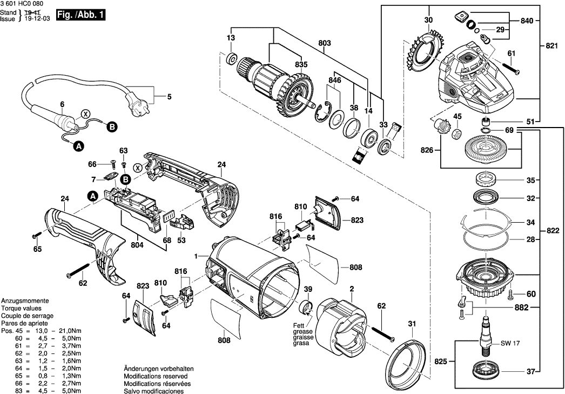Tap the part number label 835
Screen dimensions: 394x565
[x=301, y=64]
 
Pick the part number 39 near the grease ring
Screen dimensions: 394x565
[x=308, y=289]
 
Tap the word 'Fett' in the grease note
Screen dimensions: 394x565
[x=299, y=325]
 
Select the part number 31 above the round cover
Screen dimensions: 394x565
[x=412, y=324]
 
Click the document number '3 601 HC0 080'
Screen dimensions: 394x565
[x=21, y=4]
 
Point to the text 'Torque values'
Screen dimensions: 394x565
[x=20, y=308]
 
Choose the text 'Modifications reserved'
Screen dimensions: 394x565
[x=156, y=376]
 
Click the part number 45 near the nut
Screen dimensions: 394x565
[x=457, y=116]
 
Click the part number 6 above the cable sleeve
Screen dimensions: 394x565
[x=62, y=104]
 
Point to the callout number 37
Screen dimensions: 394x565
[x=530, y=371]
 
